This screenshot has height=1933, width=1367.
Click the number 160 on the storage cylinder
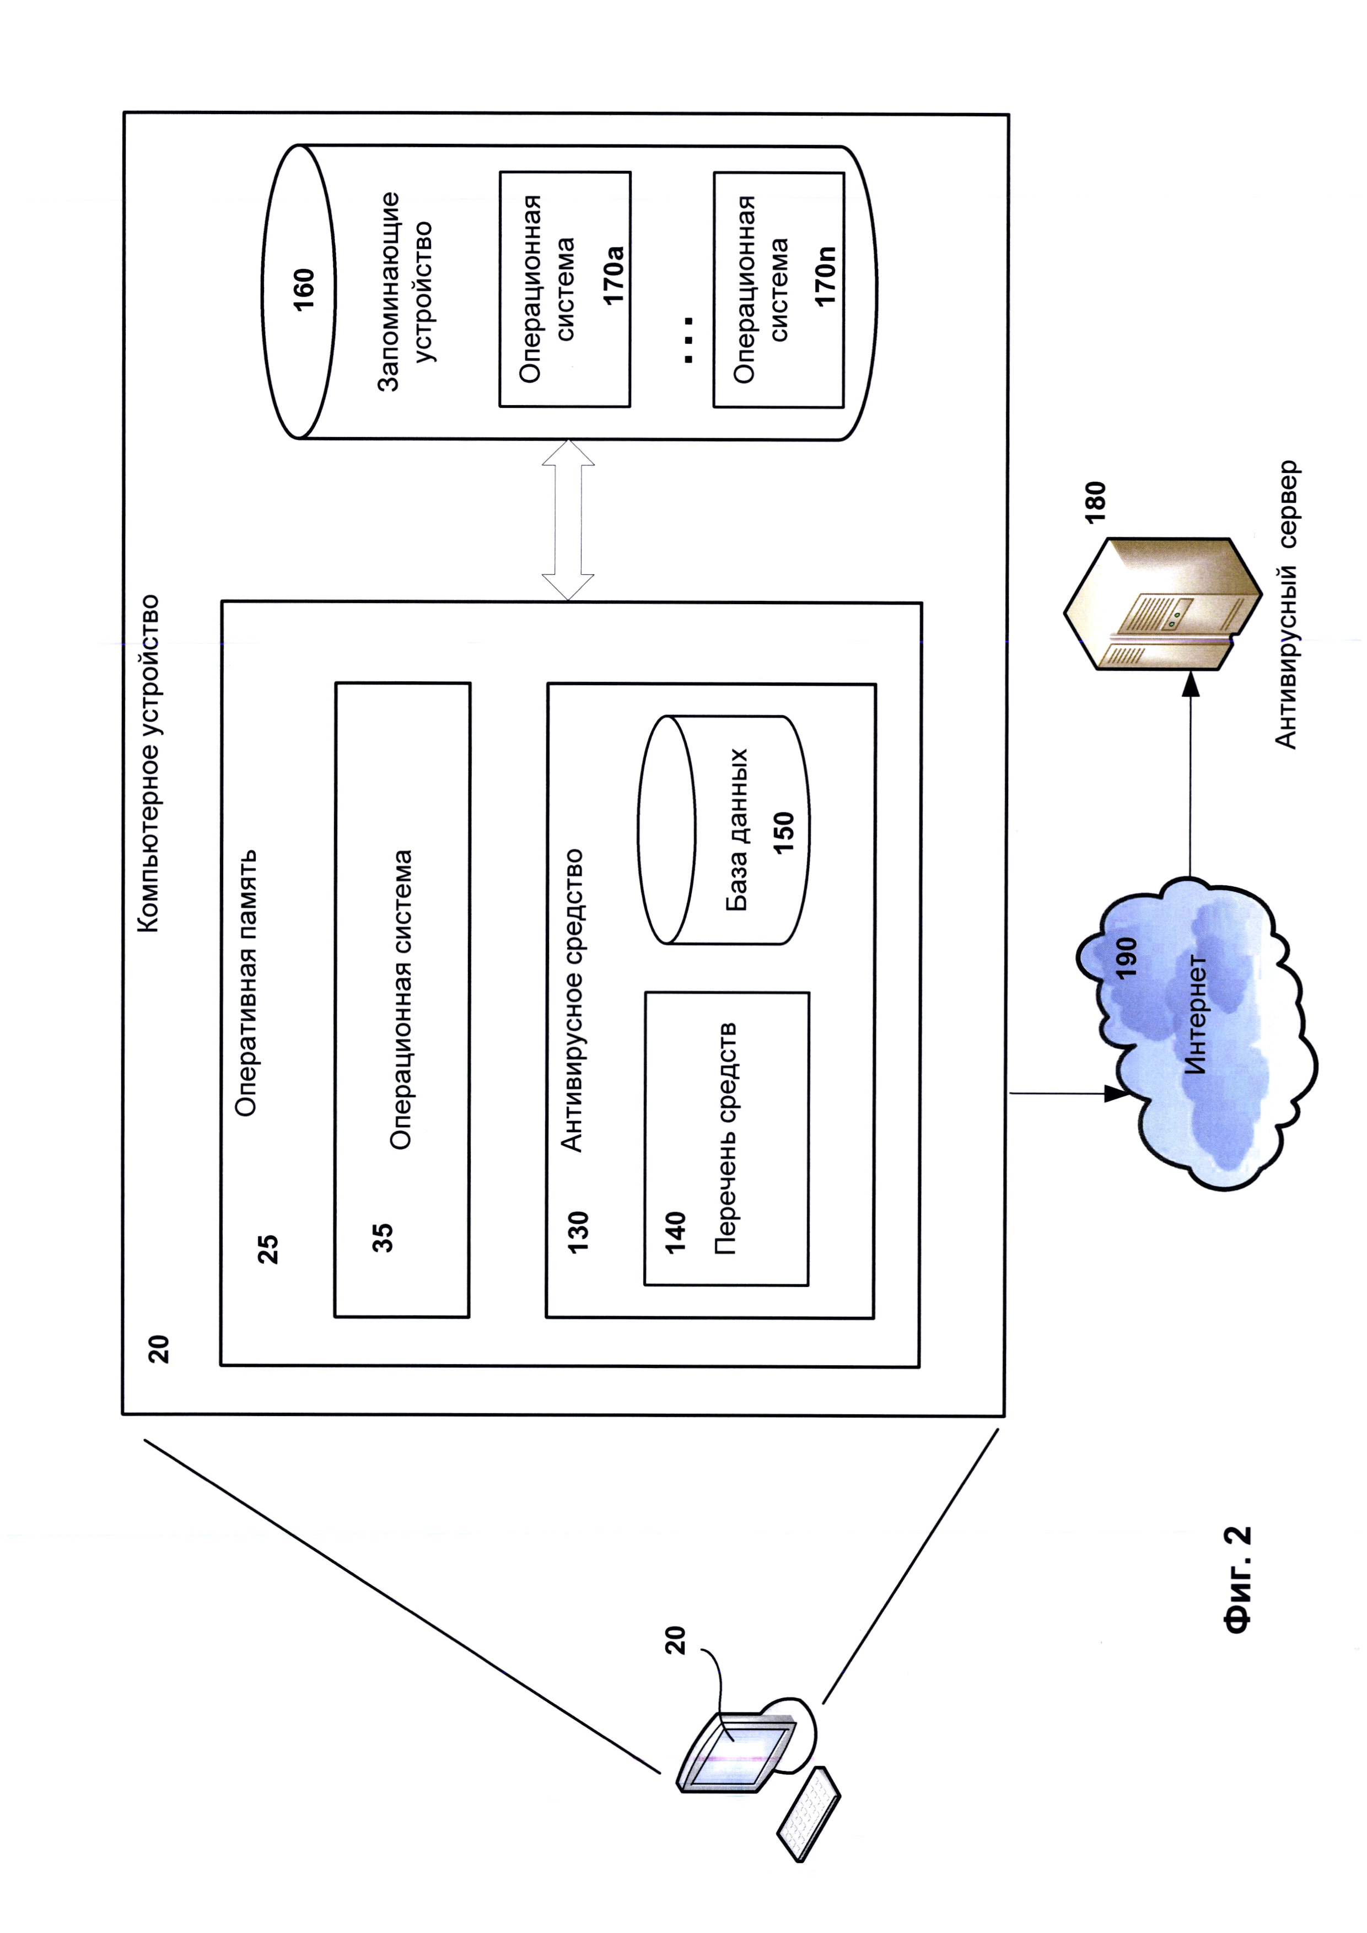[x=304, y=289]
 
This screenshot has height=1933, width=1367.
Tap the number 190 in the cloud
[x=1126, y=957]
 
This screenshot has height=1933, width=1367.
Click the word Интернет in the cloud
[x=1195, y=1015]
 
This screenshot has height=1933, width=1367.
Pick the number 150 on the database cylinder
[x=783, y=833]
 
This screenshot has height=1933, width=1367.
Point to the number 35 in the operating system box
[x=383, y=1237]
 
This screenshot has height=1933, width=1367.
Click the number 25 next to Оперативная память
[x=268, y=1248]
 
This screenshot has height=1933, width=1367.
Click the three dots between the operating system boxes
[x=688, y=340]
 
